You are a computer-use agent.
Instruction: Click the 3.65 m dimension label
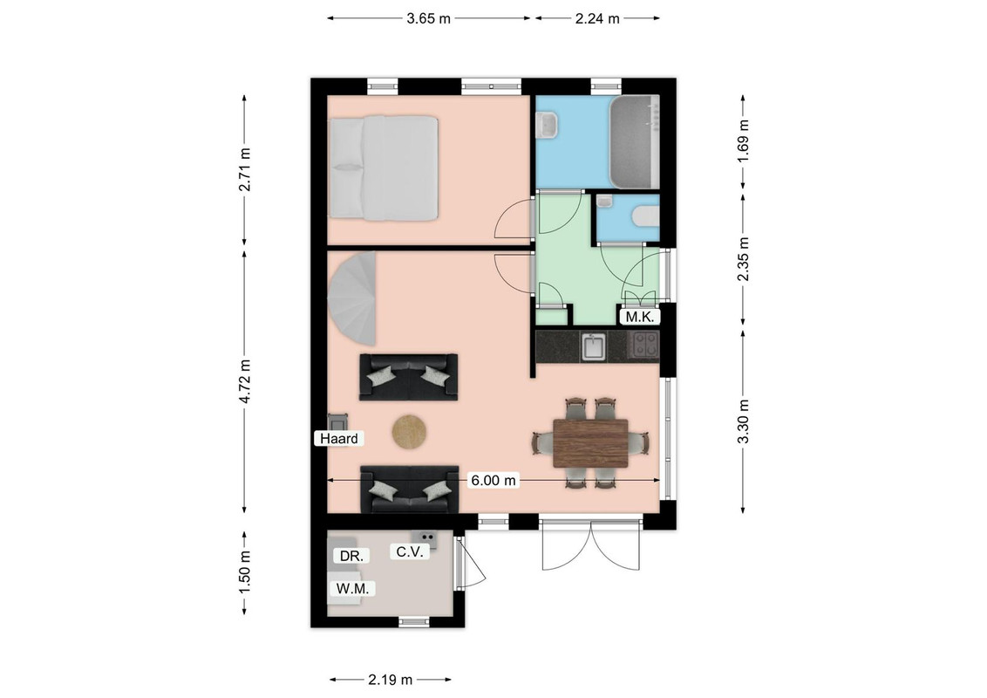pos(428,18)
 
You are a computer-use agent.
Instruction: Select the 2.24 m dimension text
pos(597,18)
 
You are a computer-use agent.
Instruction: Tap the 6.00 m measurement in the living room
pos(493,481)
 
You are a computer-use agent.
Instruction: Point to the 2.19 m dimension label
pos(391,680)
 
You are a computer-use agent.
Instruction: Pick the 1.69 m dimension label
pos(744,140)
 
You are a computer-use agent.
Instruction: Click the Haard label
pos(339,439)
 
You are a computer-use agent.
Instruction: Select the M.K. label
pos(640,317)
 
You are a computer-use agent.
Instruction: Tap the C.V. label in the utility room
pos(410,551)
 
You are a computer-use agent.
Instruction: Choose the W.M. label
pos(352,588)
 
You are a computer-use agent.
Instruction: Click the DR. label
pos(351,557)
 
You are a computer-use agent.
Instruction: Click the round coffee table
pos(411,433)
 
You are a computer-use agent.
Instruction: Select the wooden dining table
pos(590,443)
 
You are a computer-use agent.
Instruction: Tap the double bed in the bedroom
pos(384,168)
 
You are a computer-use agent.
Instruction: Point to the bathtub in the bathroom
pos(634,141)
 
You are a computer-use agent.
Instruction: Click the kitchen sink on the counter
pos(594,346)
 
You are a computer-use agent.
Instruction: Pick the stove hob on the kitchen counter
pos(644,346)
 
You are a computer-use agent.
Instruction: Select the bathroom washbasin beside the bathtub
pos(546,124)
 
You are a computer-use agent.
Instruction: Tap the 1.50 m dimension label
pos(245,571)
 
